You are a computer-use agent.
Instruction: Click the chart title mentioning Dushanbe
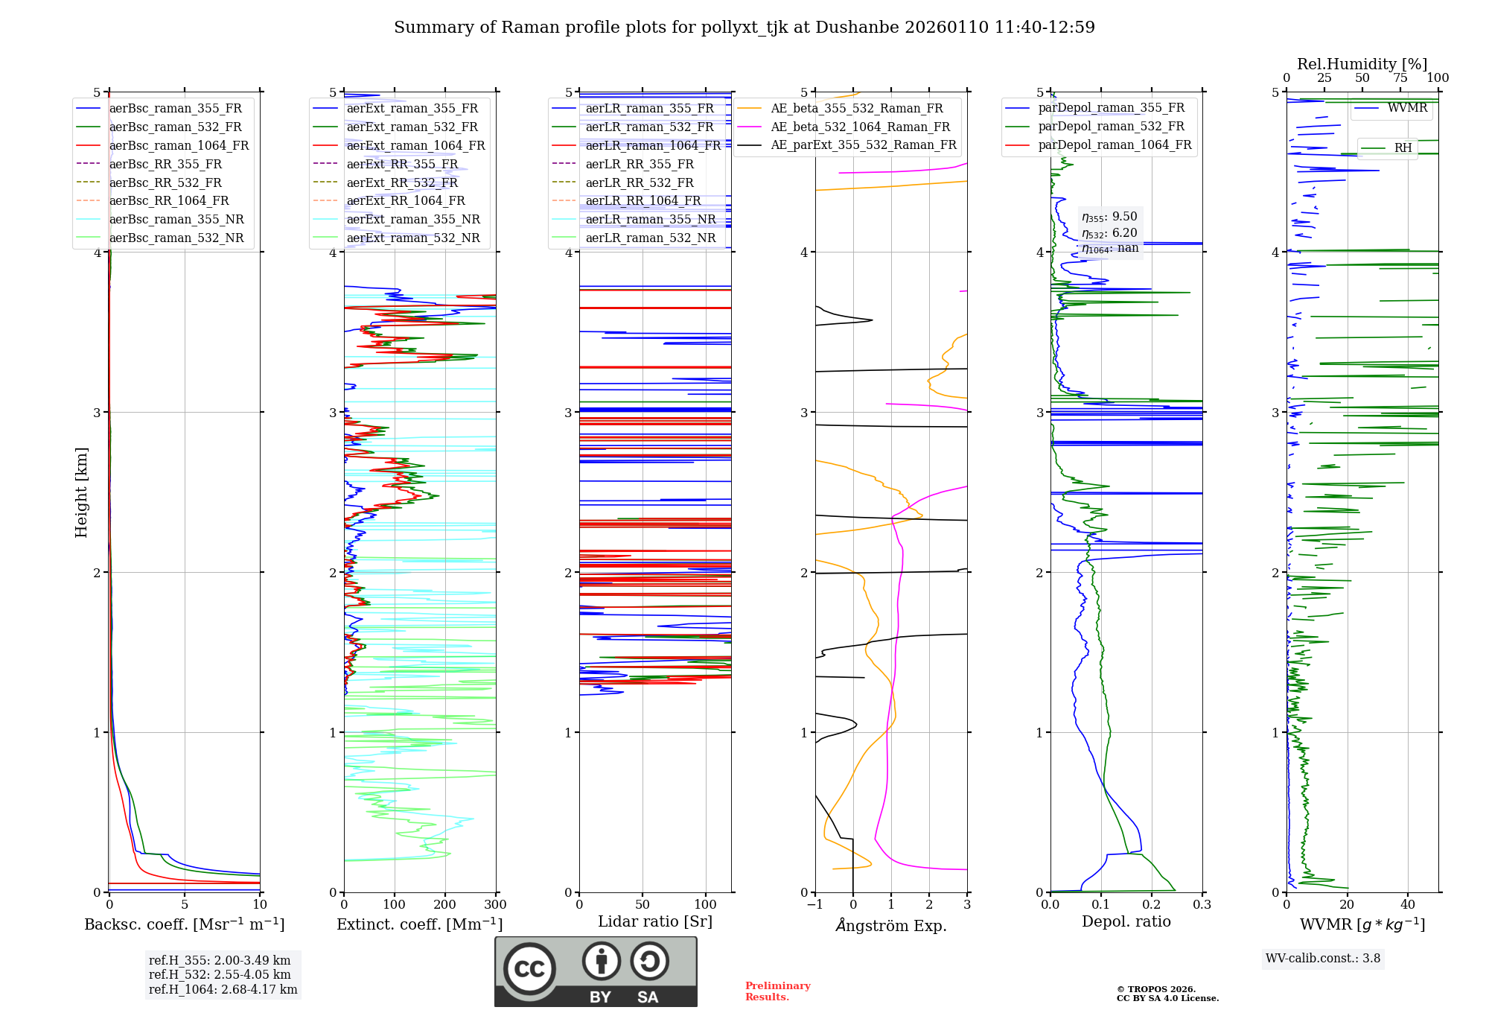[x=744, y=28]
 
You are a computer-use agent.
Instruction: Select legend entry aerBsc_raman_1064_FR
[x=179, y=146]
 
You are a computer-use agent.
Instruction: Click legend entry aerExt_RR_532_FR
[x=402, y=182]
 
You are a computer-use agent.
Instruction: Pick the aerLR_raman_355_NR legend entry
[x=650, y=220]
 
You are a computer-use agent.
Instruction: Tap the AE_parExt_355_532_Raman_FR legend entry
[x=863, y=145]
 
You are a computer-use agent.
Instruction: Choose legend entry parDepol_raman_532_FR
[x=1111, y=127]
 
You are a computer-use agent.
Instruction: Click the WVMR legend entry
[x=1407, y=108]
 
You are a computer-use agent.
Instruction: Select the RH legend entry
[x=1403, y=148]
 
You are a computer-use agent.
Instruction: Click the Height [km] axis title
[x=81, y=492]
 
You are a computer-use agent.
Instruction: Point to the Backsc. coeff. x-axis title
[x=184, y=924]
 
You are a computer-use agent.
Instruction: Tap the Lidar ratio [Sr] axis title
[x=654, y=922]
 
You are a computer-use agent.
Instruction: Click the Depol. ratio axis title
[x=1126, y=922]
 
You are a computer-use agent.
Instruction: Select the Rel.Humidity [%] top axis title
[x=1362, y=64]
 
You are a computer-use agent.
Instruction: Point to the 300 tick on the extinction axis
[x=495, y=905]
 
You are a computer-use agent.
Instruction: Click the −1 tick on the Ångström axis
[x=814, y=905]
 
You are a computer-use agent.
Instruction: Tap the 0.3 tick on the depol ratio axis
[x=1202, y=905]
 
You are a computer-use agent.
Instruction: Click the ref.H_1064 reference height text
[x=223, y=990]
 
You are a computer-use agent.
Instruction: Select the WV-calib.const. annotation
[x=1322, y=959]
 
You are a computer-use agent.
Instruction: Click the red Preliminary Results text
[x=777, y=991]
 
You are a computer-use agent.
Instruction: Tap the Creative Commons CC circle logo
[x=529, y=968]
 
